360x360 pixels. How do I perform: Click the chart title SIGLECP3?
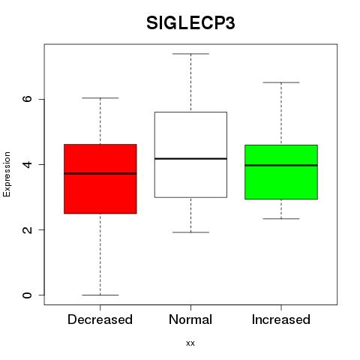coord(190,23)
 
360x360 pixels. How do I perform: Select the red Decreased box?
coord(100,178)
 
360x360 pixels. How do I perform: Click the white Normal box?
coord(190,154)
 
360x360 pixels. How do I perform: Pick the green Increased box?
coord(281,172)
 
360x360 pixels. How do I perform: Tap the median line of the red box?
coord(100,173)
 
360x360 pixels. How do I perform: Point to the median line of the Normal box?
coord(190,158)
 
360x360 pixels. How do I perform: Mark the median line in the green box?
coord(281,165)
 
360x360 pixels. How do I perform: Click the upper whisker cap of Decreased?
coord(100,98)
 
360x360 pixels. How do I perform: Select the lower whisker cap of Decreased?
coord(100,295)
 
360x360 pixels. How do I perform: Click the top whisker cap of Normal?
coord(190,54)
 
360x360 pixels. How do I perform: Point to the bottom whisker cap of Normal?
coord(190,232)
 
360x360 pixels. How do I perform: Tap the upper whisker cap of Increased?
coord(281,82)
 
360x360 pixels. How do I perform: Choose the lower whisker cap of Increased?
coord(281,219)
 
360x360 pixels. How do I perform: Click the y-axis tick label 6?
coord(27,99)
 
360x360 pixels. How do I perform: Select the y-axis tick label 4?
coord(27,164)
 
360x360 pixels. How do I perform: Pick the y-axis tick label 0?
coord(27,295)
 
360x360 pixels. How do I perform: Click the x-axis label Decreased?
coord(100,319)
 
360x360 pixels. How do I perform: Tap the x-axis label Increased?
coord(281,319)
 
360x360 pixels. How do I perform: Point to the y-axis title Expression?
coord(7,174)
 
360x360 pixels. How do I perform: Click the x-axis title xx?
coord(190,343)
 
